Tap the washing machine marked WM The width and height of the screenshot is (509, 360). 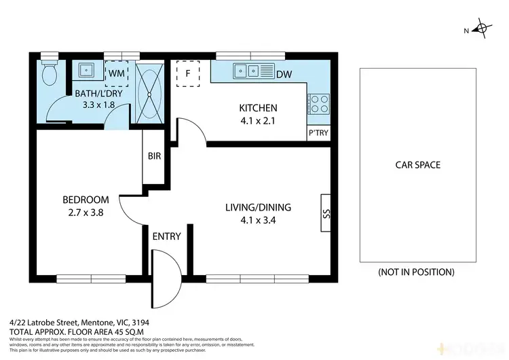(x=116, y=71)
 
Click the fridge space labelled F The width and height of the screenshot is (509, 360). (x=187, y=74)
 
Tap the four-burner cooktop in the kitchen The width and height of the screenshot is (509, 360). (x=318, y=104)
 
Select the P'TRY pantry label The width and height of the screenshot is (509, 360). (x=318, y=133)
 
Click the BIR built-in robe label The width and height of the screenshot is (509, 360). (x=154, y=156)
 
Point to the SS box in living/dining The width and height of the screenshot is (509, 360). (x=325, y=213)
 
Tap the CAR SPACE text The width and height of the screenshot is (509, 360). (x=418, y=165)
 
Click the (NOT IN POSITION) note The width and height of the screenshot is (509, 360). (x=416, y=272)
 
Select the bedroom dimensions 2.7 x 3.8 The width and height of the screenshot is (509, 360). (x=86, y=212)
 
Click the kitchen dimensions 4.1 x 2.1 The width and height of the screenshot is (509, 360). (x=258, y=121)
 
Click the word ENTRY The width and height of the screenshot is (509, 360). (x=166, y=236)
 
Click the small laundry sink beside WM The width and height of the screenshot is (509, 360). (x=87, y=69)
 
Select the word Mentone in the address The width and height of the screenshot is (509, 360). (x=98, y=323)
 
